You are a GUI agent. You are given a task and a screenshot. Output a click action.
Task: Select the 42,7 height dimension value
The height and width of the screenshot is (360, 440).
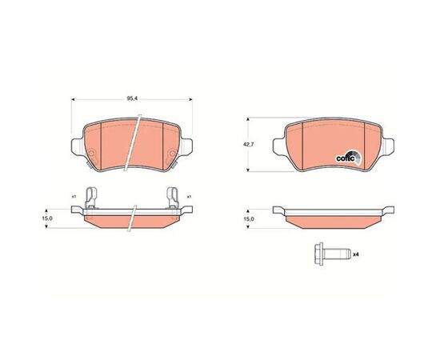click(247, 145)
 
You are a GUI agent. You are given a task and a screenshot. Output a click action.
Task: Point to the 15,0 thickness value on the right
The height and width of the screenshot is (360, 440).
click(248, 219)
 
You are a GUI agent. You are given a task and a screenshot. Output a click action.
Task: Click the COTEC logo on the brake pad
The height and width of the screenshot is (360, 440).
click(349, 158)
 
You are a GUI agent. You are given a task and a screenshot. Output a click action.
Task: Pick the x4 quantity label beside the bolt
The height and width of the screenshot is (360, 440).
click(356, 254)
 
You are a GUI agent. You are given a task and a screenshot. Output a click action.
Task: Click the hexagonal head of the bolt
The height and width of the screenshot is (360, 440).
click(318, 254)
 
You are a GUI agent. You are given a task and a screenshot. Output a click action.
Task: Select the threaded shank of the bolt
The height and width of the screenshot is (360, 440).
click(337, 254)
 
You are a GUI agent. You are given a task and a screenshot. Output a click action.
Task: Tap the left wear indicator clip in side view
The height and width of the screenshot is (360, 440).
click(90, 198)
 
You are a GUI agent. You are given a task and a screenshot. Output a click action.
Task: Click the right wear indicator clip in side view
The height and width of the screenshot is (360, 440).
click(172, 198)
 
